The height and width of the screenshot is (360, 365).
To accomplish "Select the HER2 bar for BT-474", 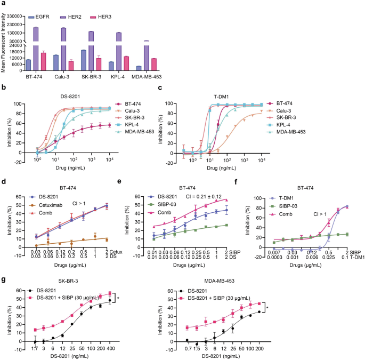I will pos(36,48).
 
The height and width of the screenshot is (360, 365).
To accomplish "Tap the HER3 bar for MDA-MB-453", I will pos(153,64).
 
